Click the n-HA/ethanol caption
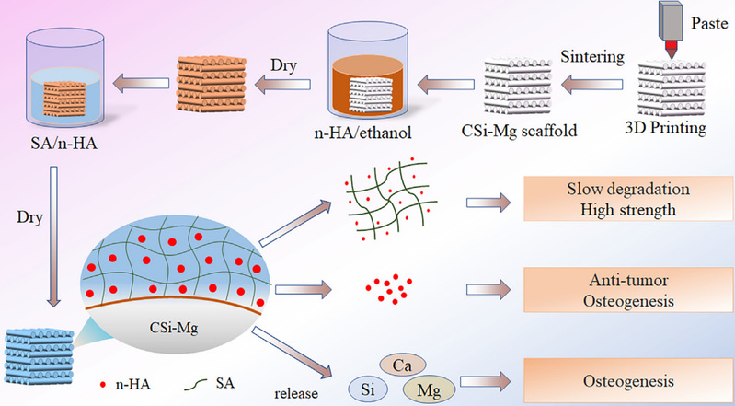366,131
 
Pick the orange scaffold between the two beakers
220,80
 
